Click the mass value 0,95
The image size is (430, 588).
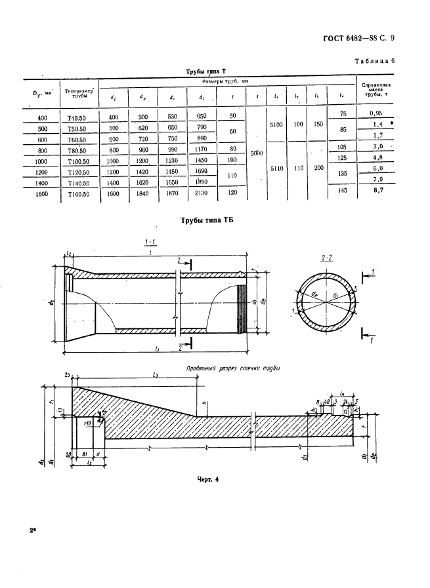click(376, 113)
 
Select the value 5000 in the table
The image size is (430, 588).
click(257, 153)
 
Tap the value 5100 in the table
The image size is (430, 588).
click(276, 124)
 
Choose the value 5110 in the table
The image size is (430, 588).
click(276, 168)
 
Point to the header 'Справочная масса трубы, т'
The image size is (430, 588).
click(376, 91)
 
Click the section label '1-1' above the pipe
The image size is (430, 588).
click(150, 243)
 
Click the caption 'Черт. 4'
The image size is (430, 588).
click(207, 479)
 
